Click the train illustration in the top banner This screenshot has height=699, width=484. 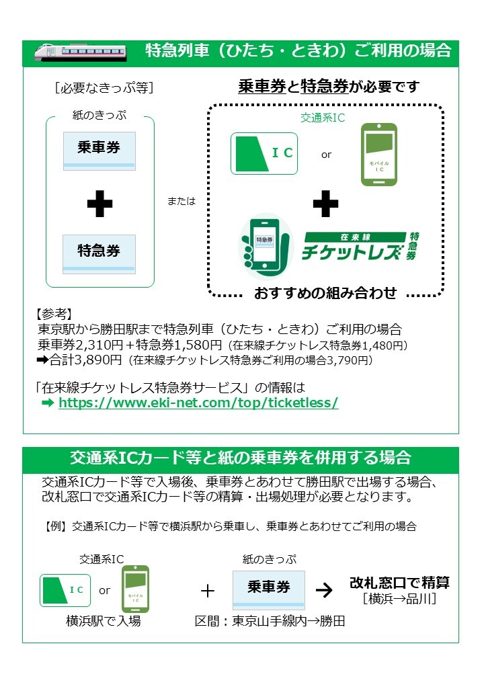[81, 52]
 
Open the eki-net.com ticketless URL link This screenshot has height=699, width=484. [198, 403]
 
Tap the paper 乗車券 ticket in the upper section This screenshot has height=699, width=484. [99, 151]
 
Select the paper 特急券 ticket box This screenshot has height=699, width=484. [99, 254]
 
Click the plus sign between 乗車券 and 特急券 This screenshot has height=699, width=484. [100, 204]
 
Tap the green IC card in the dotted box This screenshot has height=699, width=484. [264, 153]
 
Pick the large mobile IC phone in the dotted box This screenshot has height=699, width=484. [379, 154]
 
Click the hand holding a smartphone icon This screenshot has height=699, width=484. [265, 246]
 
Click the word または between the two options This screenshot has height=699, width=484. [182, 201]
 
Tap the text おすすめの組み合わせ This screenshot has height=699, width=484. [325, 293]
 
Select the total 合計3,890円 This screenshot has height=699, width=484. [85, 360]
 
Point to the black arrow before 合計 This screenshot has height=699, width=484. [43, 360]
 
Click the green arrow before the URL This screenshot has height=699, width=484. [48, 403]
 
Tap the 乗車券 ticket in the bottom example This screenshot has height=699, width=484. [269, 590]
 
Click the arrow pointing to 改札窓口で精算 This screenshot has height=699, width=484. [324, 590]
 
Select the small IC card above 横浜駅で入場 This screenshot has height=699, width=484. [65, 591]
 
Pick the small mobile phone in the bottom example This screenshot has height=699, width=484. [136, 589]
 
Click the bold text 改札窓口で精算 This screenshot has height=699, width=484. [399, 583]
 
